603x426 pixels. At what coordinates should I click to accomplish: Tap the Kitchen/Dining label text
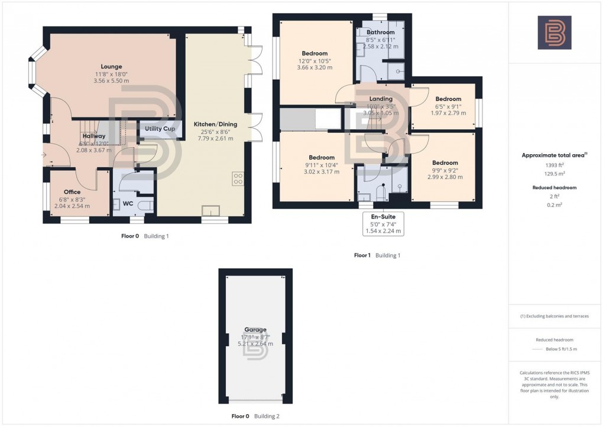(x=215, y=125)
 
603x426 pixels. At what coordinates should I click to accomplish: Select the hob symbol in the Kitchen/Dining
(x=238, y=178)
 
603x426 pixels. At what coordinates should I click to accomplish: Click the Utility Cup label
(x=157, y=129)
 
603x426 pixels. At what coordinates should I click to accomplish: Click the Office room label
(x=72, y=192)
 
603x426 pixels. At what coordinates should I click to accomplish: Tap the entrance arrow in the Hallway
(x=45, y=155)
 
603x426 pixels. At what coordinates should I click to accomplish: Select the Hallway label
(x=93, y=136)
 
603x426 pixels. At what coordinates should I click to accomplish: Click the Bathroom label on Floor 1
(x=380, y=32)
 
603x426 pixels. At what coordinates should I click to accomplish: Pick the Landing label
(x=381, y=99)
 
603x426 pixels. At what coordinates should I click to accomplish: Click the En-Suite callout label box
(x=383, y=224)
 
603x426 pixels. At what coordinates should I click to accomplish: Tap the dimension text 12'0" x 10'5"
(x=314, y=61)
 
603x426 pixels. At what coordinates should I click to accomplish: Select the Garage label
(x=255, y=330)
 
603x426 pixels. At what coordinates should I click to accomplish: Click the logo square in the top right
(x=554, y=32)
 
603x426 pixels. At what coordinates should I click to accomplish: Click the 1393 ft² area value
(x=555, y=166)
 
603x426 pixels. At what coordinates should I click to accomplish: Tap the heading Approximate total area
(x=553, y=155)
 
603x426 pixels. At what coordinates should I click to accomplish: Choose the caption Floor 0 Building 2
(x=255, y=416)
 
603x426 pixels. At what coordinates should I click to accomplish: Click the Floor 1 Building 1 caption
(x=377, y=255)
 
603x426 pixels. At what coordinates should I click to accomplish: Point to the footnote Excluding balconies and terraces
(x=555, y=316)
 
